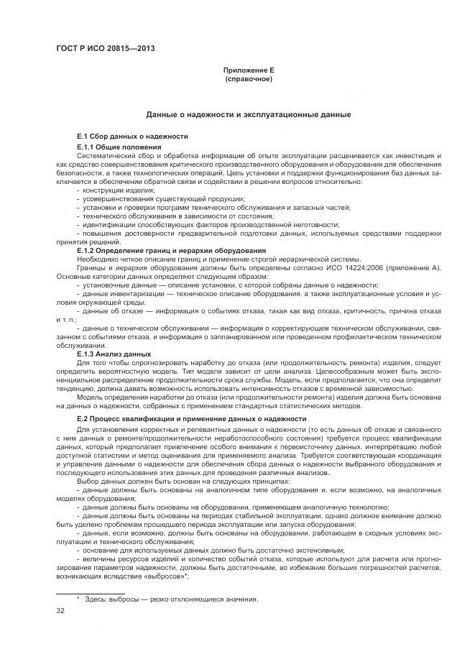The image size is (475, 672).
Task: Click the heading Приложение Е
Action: pyautogui.click(x=249, y=70)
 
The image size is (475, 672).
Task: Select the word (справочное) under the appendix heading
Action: pyautogui.click(x=249, y=79)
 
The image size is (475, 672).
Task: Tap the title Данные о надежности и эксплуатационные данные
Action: pyautogui.click(x=249, y=114)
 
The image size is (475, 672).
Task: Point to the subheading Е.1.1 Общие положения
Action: pyautogui.click(x=121, y=147)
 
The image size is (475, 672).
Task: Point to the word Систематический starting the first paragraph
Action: pyautogui.click(x=106, y=155)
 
